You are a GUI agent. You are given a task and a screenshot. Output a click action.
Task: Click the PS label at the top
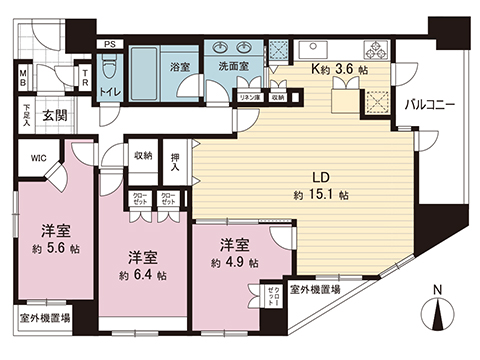(109, 45)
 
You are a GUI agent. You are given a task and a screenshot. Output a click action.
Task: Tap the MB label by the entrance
(22, 78)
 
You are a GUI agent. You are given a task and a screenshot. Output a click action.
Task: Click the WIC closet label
(38, 157)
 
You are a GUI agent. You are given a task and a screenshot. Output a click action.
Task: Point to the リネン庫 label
(248, 96)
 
